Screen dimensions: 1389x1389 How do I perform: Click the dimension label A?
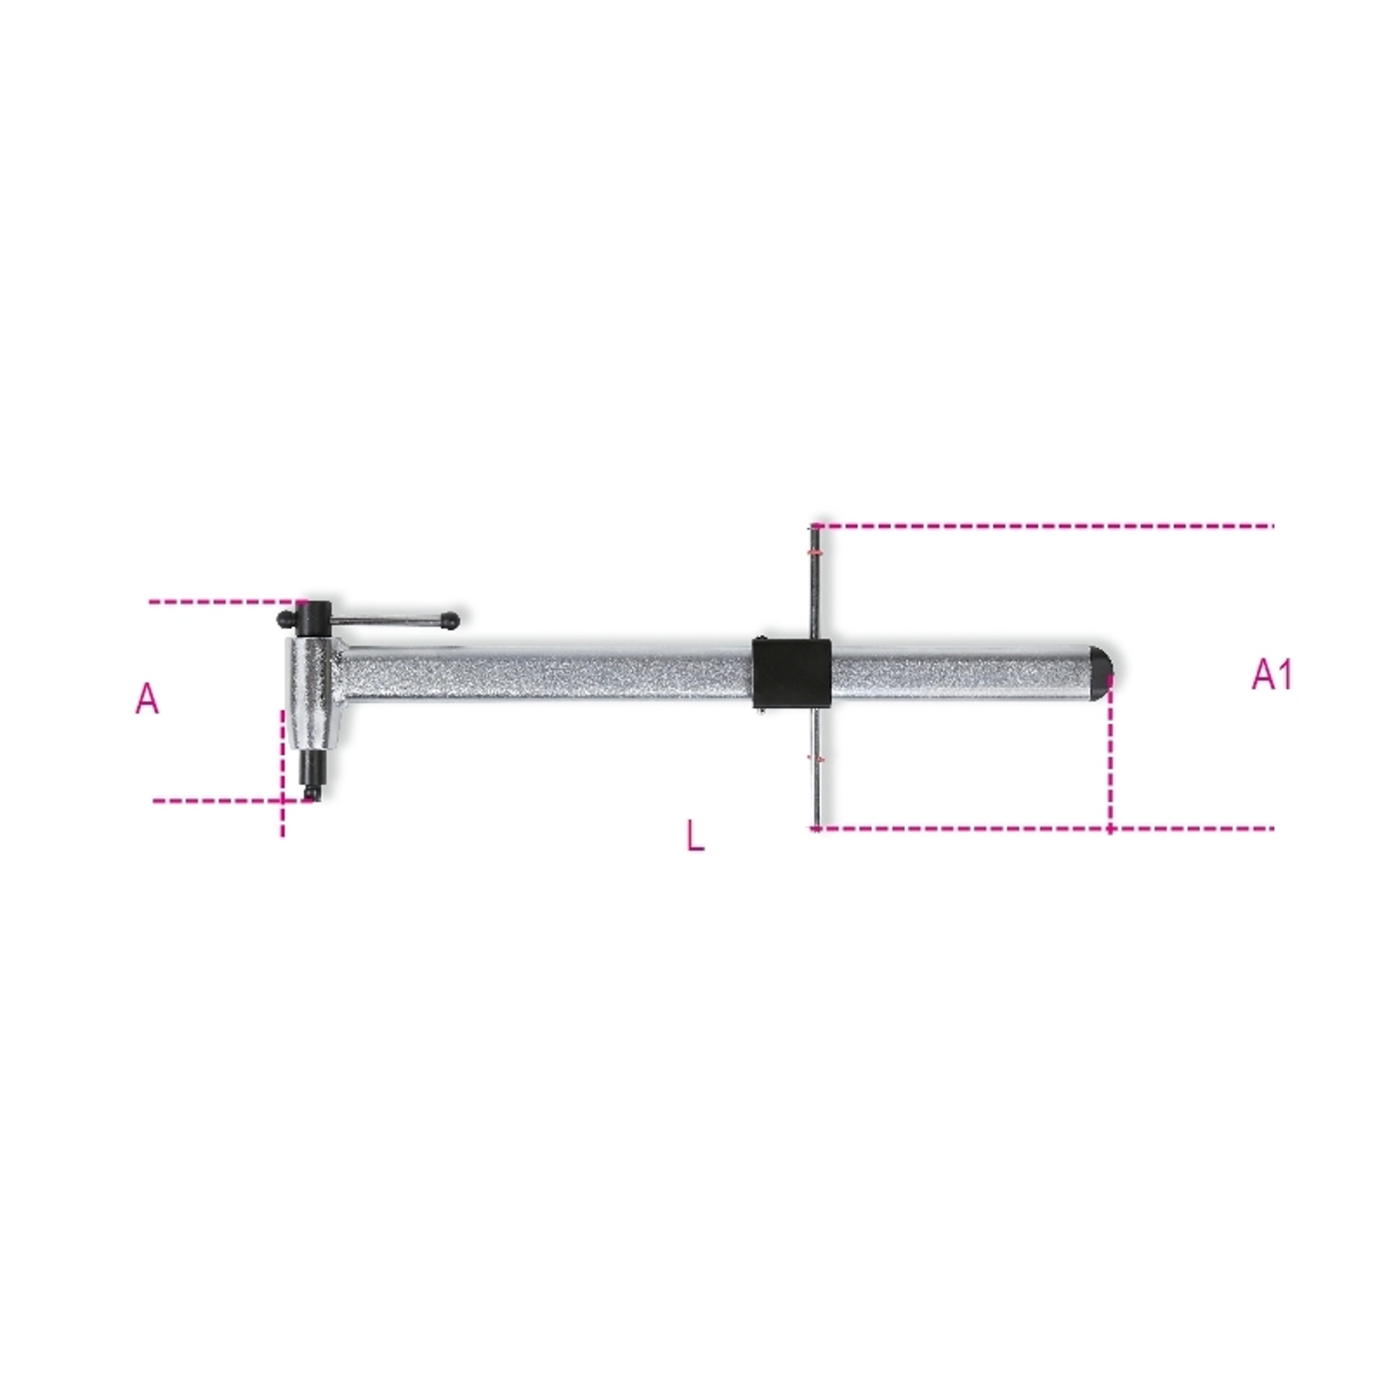(147, 699)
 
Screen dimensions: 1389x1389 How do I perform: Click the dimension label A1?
(1272, 674)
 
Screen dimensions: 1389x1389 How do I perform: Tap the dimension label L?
(695, 836)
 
